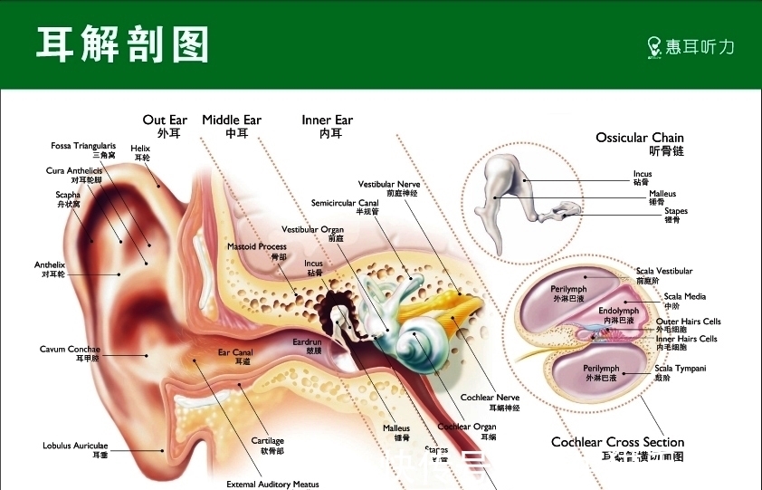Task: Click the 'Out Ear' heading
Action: tap(165, 120)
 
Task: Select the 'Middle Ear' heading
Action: tap(232, 120)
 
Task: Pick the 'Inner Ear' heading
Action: tap(327, 120)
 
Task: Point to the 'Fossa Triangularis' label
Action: tap(83, 146)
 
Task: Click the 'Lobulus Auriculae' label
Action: tap(75, 446)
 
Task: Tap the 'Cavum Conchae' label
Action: tap(70, 350)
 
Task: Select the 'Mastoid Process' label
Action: tap(256, 246)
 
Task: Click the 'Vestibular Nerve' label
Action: tap(389, 185)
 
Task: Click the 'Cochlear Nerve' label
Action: tap(490, 398)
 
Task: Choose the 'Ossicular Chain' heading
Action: tap(640, 138)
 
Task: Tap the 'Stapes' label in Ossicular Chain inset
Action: tap(676, 211)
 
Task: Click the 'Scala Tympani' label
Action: tap(683, 369)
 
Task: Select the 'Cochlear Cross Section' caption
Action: tap(617, 442)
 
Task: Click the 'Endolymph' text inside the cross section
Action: tap(619, 311)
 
